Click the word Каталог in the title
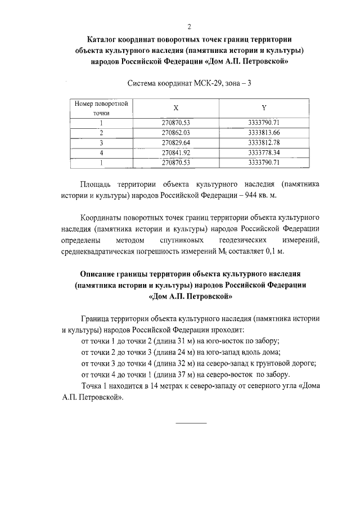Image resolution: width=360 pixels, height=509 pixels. [104, 40]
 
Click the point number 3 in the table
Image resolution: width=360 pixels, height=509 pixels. [101, 142]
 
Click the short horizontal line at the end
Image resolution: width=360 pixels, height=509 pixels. [191, 422]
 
